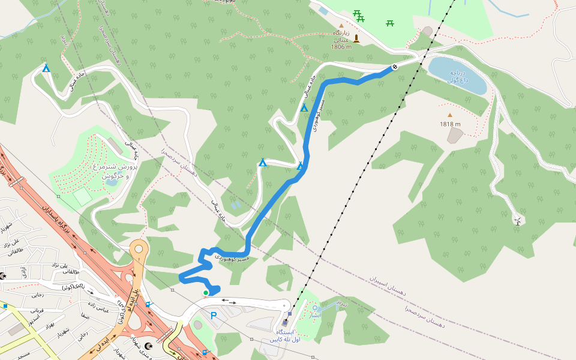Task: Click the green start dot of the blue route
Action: click(x=206, y=293)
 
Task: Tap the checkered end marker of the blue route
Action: click(x=395, y=67)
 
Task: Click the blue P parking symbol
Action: click(x=213, y=316)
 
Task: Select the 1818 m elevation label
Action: click(x=450, y=125)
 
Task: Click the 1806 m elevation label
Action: click(x=341, y=46)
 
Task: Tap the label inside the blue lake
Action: click(x=458, y=76)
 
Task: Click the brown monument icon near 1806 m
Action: click(x=356, y=38)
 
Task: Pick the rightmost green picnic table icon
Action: click(x=390, y=23)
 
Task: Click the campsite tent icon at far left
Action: click(x=46, y=68)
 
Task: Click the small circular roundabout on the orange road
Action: click(x=139, y=247)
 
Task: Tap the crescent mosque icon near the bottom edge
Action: click(x=149, y=346)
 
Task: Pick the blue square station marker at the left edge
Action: click(x=5, y=306)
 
